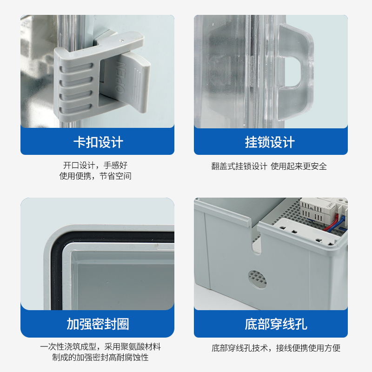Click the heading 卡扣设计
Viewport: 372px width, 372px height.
98,142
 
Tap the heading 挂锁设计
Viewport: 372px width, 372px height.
270,142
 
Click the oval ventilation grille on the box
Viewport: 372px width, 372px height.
259,279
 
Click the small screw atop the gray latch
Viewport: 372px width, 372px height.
122,41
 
